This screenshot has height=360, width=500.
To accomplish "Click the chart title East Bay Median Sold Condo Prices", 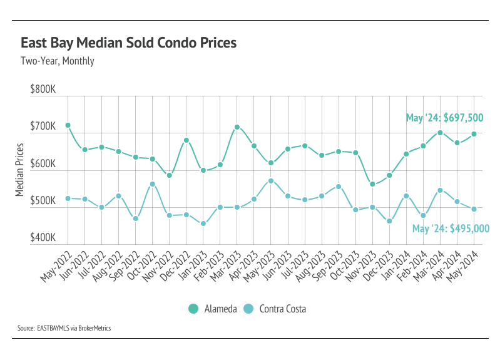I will pos(128,43).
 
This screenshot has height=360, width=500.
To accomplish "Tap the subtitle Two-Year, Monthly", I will pos(57,61).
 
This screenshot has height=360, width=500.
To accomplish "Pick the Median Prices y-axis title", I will pos(20,170).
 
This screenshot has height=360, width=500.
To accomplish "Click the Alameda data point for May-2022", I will pos(68,125).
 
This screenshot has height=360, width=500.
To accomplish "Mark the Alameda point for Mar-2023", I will pos(237,127).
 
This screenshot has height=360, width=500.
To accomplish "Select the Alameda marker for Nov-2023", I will pos(372,184).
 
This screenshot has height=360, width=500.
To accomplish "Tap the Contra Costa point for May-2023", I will pos(271,181).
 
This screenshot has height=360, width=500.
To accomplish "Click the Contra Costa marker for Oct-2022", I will pos(152,184).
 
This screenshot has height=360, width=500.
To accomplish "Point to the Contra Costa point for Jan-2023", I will pos(203,224).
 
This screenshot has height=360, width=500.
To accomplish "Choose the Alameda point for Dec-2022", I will pos(186,140).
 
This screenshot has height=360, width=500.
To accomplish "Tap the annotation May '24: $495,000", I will pos(451,229).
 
